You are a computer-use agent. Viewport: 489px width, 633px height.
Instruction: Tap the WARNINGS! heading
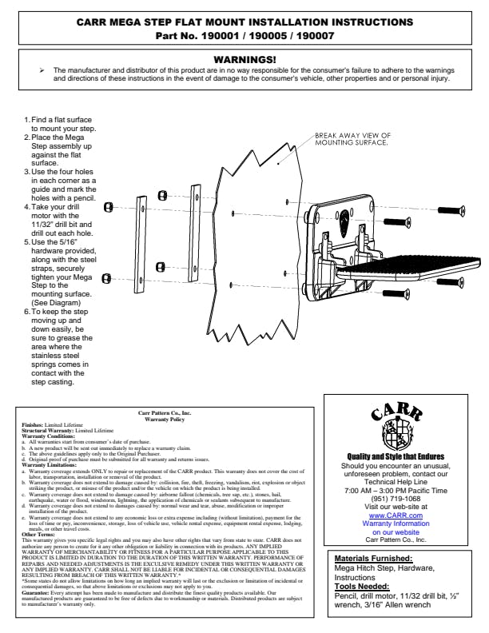coord(245,60)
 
